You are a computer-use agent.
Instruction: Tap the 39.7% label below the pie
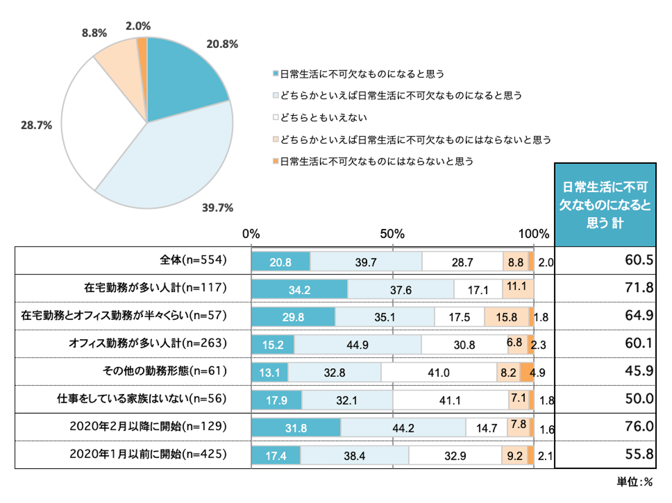[218, 208]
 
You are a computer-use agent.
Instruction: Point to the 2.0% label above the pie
[138, 26]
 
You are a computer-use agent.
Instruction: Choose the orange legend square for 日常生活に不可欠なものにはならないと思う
[276, 161]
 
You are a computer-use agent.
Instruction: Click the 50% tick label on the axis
[392, 234]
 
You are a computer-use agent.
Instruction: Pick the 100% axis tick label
[533, 234]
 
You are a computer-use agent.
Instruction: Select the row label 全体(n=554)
[193, 260]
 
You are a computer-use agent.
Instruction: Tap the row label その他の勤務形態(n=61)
[165, 371]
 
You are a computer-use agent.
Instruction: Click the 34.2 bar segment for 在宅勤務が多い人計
[299, 289]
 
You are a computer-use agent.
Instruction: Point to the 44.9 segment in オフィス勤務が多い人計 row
[357, 345]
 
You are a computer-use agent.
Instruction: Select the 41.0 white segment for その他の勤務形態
[438, 372]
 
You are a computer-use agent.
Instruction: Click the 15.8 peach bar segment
[507, 317]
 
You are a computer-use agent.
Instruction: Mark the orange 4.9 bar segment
[527, 372]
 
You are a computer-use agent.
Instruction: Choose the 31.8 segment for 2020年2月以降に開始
[296, 428]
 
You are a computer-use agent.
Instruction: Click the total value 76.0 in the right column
[639, 426]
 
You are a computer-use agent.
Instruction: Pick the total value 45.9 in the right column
[639, 371]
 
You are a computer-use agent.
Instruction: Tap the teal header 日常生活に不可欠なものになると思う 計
[605, 205]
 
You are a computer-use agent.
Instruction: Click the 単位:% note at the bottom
[634, 482]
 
